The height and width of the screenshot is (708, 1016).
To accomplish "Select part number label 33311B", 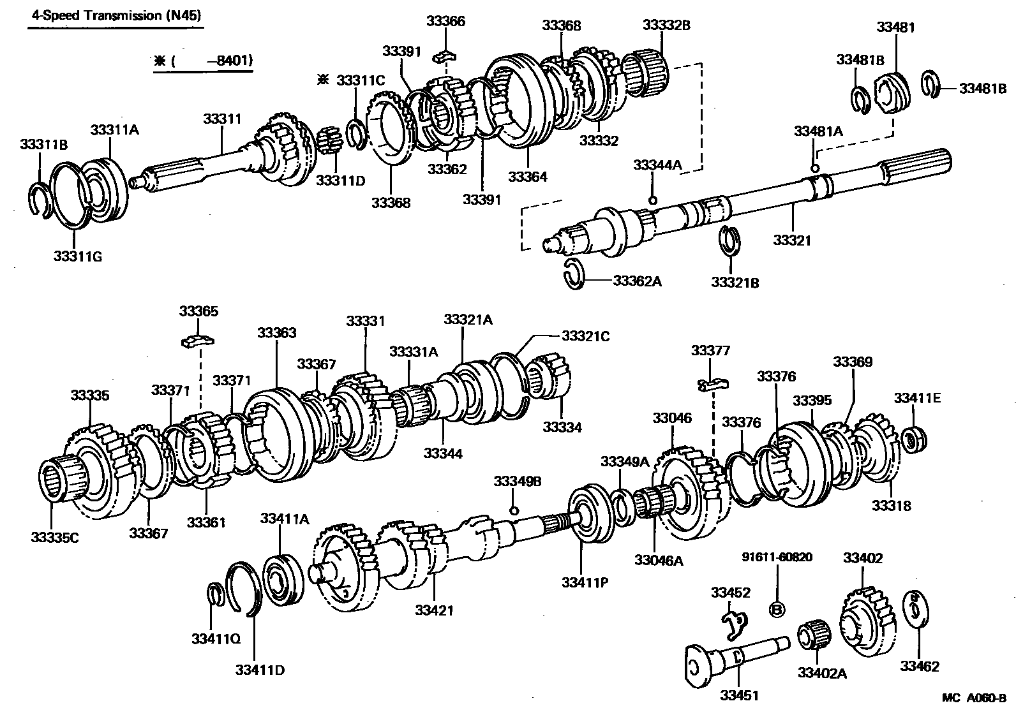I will [43, 145].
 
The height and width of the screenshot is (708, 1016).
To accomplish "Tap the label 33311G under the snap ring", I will [78, 257].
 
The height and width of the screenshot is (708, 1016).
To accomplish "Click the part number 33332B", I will [666, 26].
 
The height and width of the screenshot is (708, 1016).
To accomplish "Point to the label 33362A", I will [637, 281].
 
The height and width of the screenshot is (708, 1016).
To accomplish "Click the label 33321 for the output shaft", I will [792, 240].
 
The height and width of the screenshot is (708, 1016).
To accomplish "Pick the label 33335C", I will [54, 538].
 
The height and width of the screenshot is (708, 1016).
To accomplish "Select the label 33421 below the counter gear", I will [434, 610].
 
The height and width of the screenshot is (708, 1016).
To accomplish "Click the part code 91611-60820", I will [777, 557].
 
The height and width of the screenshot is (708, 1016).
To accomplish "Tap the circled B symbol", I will [777, 610].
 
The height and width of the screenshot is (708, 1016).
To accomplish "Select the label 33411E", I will [917, 399].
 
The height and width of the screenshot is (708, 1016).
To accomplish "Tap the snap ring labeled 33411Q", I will [216, 593].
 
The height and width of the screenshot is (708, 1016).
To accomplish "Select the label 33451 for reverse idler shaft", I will [738, 696].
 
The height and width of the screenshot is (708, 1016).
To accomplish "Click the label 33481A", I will [818, 131].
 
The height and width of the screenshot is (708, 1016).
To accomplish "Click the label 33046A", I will [659, 561].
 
